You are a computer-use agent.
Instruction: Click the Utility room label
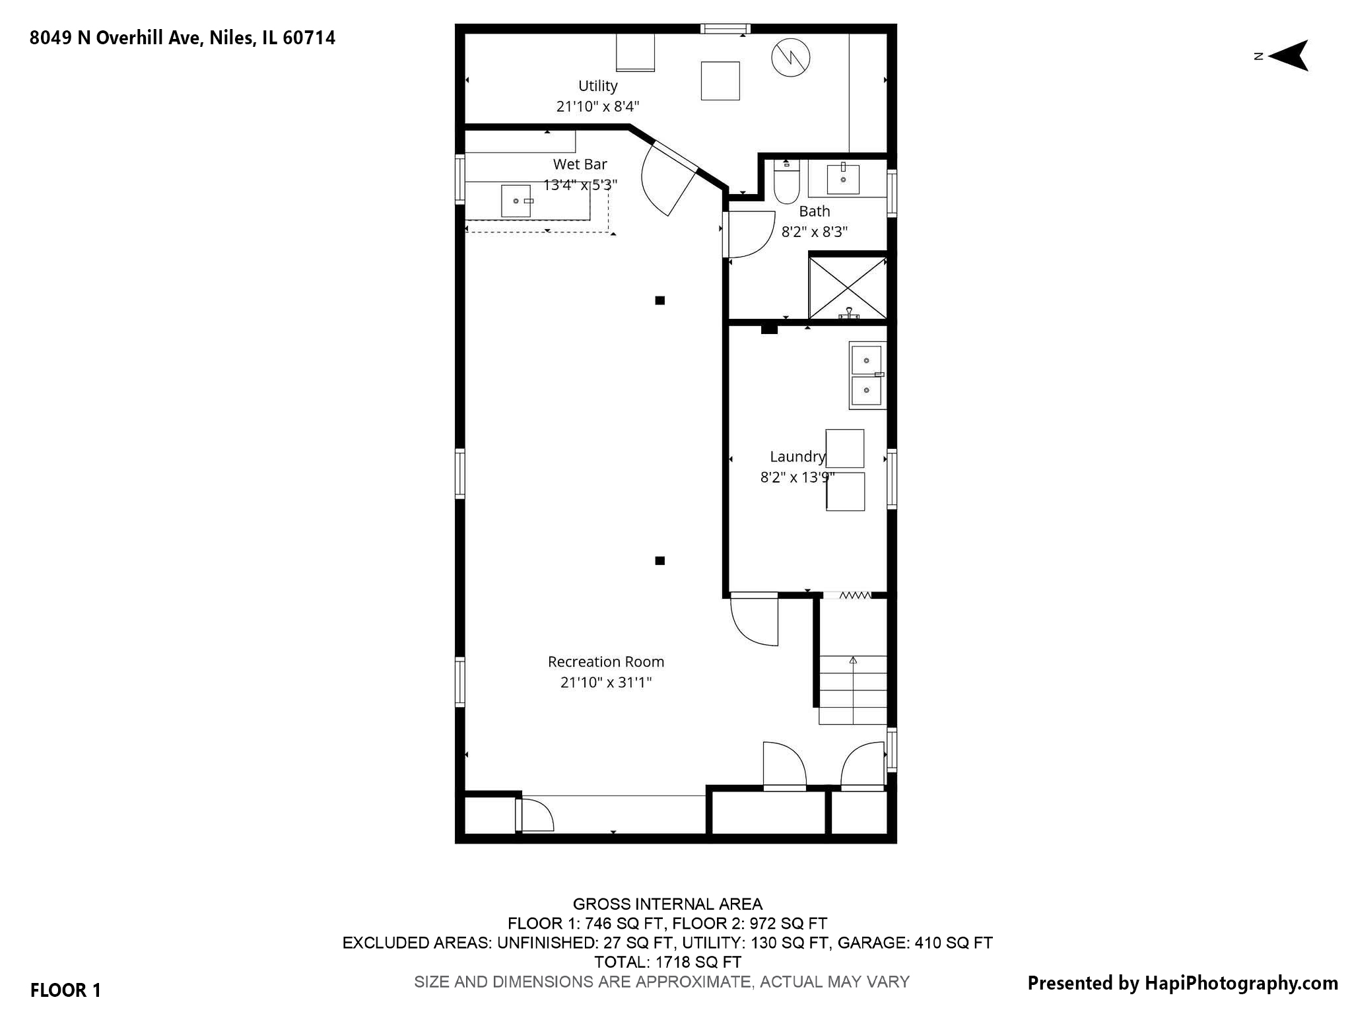597,86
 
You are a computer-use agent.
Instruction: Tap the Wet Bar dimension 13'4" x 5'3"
580,185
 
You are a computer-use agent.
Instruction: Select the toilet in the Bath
786,183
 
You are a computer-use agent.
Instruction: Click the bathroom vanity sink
843,179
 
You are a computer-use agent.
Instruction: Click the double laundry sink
867,376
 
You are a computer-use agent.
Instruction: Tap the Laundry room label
797,457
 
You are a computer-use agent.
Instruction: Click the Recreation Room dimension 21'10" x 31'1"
605,683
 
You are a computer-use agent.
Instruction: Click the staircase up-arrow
853,660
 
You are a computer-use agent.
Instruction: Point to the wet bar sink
516,201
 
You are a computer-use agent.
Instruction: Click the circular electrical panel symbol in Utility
790,58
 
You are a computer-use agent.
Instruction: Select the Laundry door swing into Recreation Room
755,621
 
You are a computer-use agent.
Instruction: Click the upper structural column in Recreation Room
659,300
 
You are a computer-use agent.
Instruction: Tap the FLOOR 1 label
65,990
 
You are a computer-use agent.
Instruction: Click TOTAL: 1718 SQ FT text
667,962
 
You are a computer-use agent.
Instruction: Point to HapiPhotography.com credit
1182,984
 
